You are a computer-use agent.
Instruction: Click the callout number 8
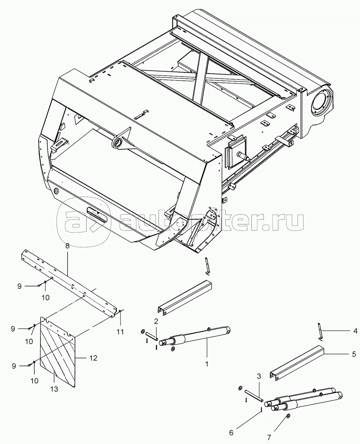pyautogui.click(x=67, y=246)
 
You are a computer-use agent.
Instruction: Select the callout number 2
pyautogui.click(x=156, y=321)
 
